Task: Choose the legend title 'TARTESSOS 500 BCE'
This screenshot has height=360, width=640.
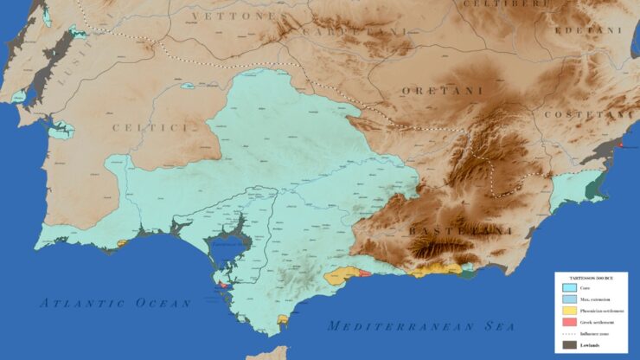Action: point(591,278)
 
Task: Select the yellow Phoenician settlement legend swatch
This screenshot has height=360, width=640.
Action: point(569,311)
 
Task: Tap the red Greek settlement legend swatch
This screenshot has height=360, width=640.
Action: point(569,322)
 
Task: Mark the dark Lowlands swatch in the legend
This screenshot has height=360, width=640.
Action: point(569,345)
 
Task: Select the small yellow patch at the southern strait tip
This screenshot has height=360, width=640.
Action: point(282,321)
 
